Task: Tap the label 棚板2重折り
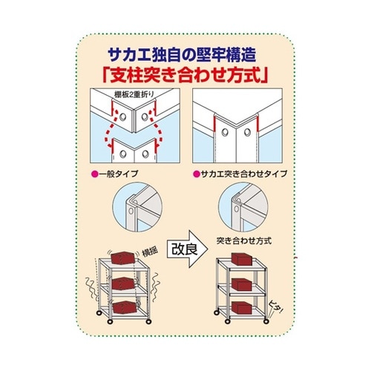128,94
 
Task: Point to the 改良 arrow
183,248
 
